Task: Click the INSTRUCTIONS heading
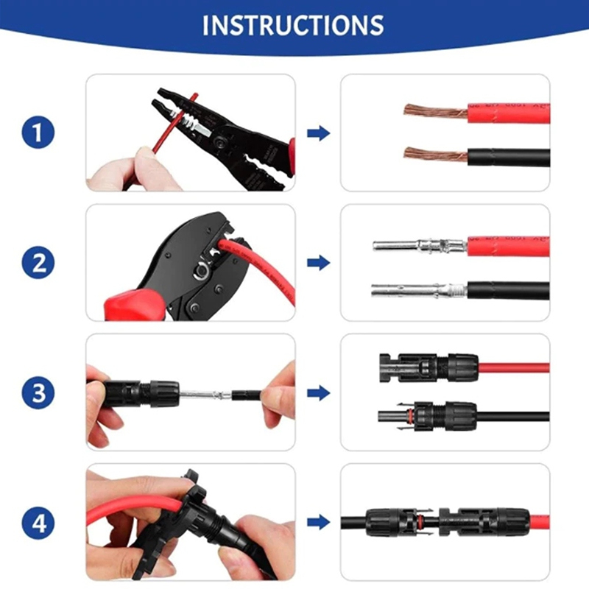point(293,25)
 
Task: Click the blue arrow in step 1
point(318,133)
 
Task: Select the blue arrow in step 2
point(318,263)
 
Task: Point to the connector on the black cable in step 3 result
point(427,416)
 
